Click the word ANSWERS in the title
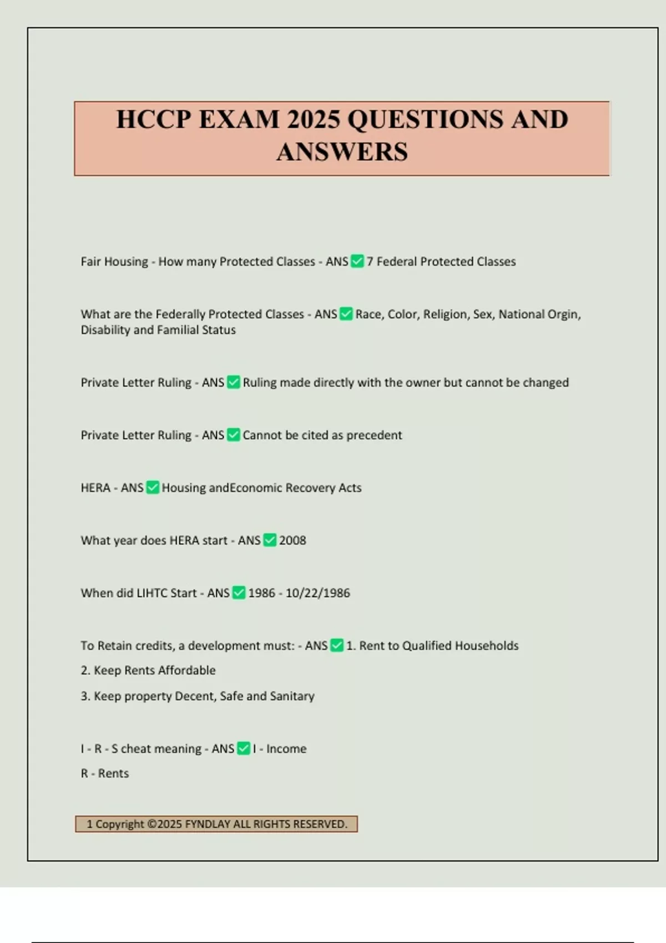[x=342, y=152]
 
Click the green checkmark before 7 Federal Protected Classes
[x=357, y=261]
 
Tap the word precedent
[x=374, y=435]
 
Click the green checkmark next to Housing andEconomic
[x=153, y=488]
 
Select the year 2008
[x=292, y=540]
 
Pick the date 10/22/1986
[x=317, y=593]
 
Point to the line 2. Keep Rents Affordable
[x=148, y=670]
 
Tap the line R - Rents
[x=105, y=773]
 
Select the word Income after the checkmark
[x=286, y=749]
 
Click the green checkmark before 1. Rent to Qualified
[x=337, y=645]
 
